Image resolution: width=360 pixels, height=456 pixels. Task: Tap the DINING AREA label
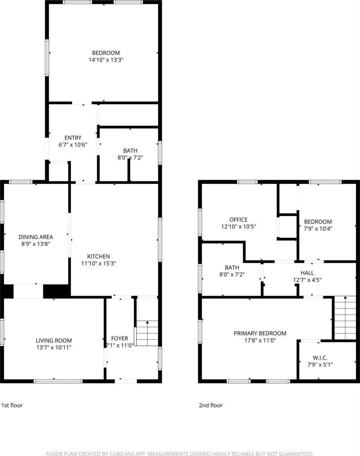click(x=36, y=237)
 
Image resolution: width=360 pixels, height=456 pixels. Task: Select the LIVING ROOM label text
click(x=54, y=341)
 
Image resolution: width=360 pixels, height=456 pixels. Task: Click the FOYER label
click(x=119, y=339)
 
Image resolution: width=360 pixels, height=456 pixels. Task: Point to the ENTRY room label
click(x=73, y=138)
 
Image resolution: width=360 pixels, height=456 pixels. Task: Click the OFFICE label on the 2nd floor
click(x=238, y=220)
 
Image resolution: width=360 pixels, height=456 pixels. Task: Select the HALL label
click(x=307, y=273)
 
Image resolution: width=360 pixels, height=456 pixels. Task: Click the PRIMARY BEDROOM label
click(x=260, y=333)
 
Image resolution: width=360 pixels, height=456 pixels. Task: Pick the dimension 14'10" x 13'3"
click(x=106, y=60)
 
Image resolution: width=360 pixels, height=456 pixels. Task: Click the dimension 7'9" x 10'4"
click(x=318, y=228)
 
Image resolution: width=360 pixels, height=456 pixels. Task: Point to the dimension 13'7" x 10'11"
click(x=54, y=347)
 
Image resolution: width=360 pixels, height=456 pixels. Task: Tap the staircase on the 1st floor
click(x=147, y=333)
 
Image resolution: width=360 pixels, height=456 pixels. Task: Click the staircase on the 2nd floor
click(x=345, y=318)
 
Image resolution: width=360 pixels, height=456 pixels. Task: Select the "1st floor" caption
click(x=12, y=405)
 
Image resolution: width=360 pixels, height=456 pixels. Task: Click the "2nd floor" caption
click(x=211, y=405)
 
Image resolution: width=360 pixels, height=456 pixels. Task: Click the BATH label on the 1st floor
click(x=130, y=150)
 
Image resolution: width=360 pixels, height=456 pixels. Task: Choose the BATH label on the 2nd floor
click(x=232, y=267)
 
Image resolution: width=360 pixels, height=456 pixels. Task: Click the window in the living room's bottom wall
click(x=58, y=380)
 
